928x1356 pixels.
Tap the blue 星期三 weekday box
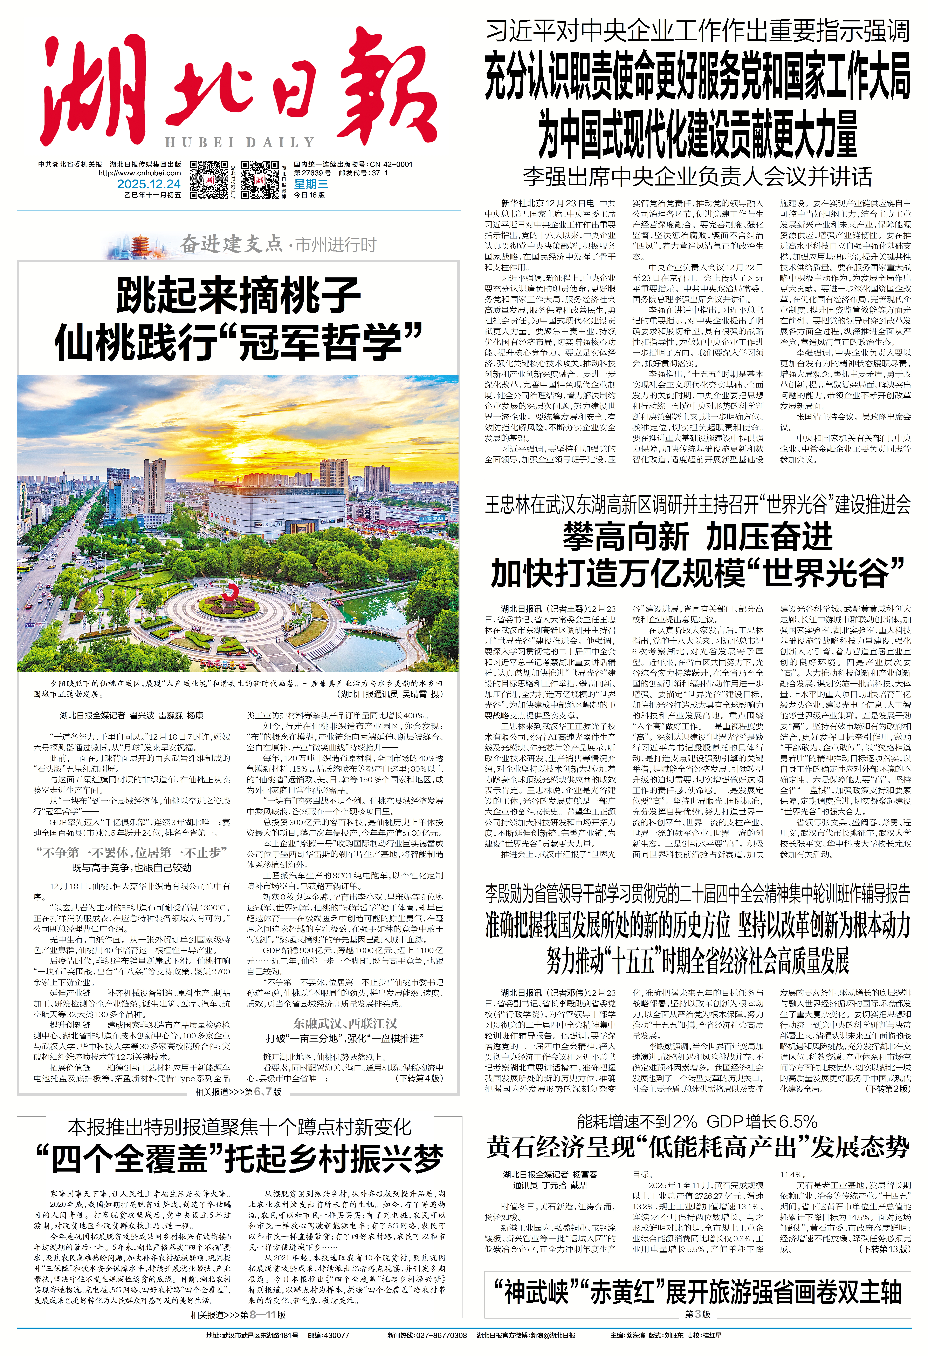click(311, 184)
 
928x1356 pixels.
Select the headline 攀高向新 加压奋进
click(698, 537)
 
